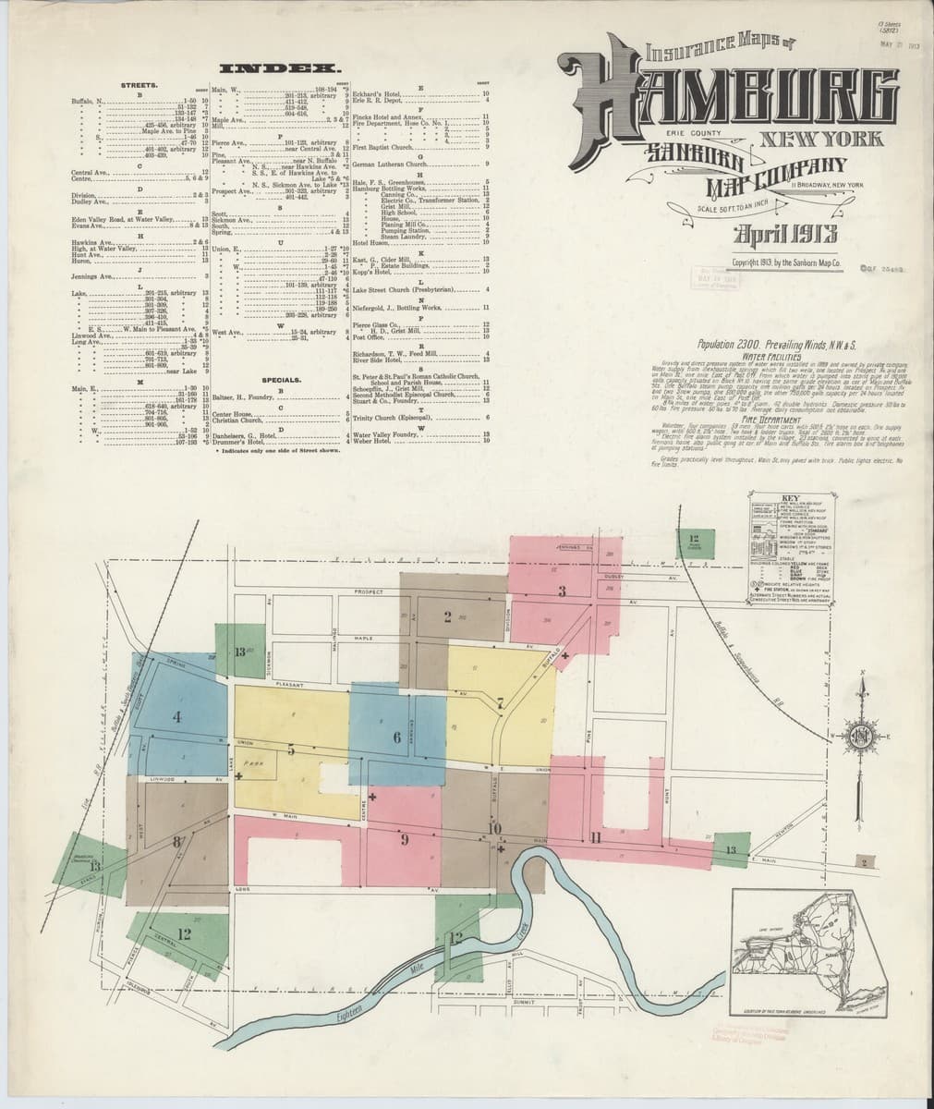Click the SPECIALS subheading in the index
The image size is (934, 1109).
[x=282, y=380]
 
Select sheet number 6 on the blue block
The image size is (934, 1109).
[x=396, y=737]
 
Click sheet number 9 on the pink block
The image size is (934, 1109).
[x=404, y=840]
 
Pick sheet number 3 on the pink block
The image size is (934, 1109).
[x=561, y=591]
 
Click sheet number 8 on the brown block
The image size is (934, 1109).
[x=175, y=842]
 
